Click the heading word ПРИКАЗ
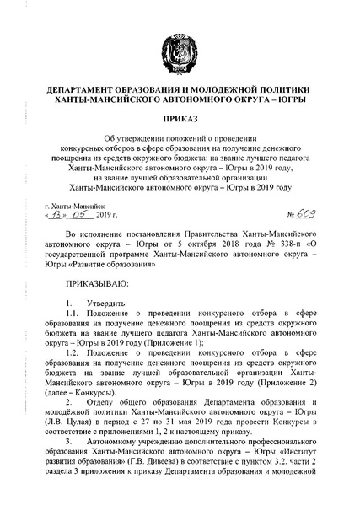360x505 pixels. pyautogui.click(x=180, y=121)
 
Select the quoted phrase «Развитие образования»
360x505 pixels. pyautogui.click(x=116, y=276)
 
